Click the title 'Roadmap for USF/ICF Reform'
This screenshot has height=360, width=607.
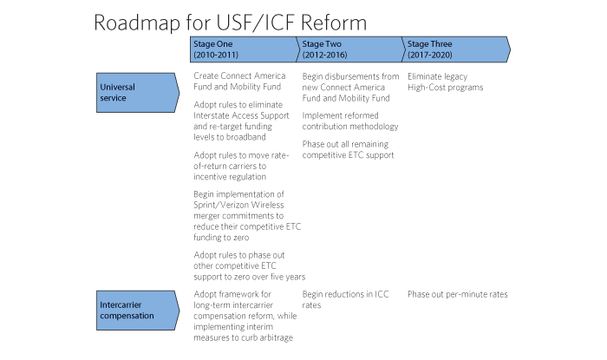point(231,23)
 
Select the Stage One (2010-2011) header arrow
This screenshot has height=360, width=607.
point(245,49)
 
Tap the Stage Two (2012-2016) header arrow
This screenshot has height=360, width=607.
point(350,49)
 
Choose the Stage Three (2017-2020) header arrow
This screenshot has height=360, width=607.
point(456,49)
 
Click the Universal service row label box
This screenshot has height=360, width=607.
point(138,93)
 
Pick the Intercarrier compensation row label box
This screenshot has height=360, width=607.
point(138,311)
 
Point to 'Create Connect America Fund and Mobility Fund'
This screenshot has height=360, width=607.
point(239,82)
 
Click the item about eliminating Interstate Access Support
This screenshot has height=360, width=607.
point(242,121)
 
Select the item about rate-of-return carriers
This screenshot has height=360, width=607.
point(241,166)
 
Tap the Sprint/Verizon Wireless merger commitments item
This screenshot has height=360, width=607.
point(247,216)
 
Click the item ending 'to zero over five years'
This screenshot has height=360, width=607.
point(250,266)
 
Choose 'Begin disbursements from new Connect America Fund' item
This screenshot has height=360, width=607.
point(350,87)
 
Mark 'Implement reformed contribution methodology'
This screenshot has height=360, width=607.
point(350,121)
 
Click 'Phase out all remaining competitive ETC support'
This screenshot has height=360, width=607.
point(348,149)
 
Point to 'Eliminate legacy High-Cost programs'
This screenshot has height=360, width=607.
point(445,82)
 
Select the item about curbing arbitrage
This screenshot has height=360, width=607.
point(245,316)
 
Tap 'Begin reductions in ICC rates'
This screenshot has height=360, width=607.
point(345,299)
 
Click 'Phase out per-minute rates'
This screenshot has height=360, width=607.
point(458,294)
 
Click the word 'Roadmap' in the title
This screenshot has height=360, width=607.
point(137,23)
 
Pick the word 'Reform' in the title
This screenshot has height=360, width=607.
point(334,23)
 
